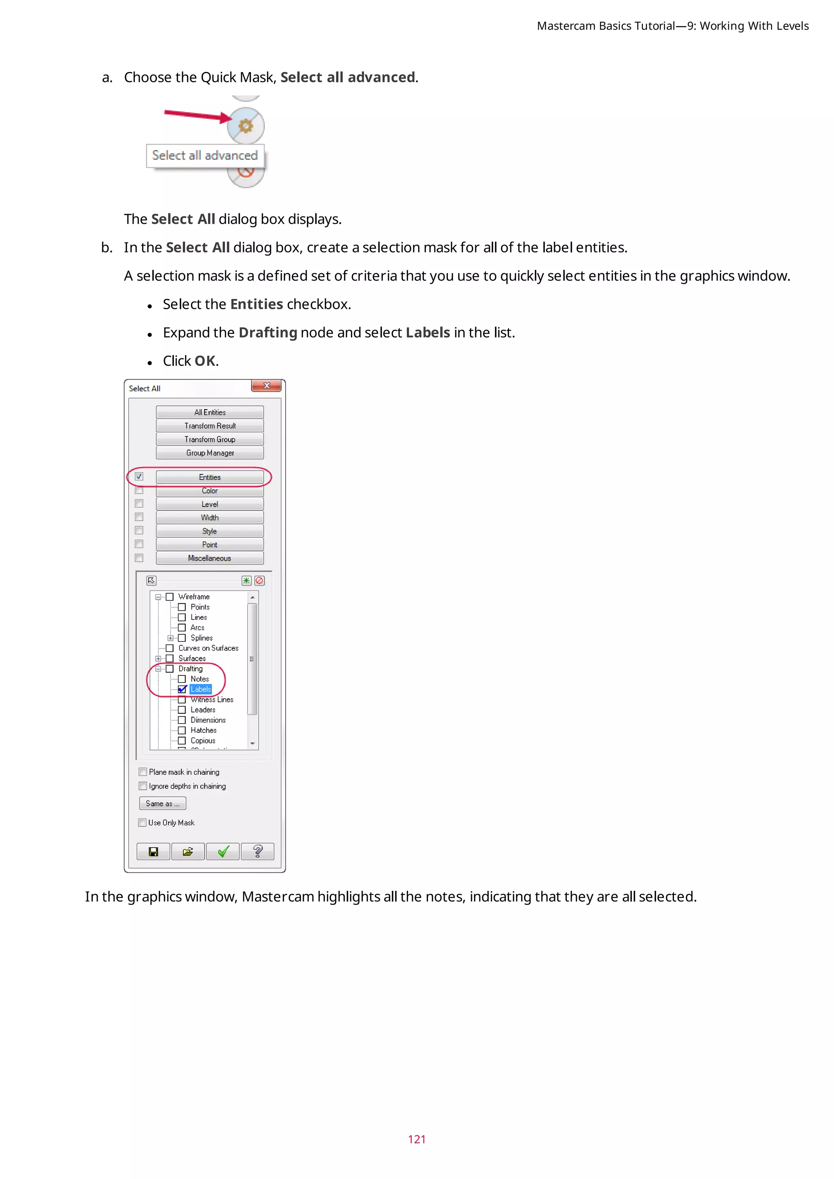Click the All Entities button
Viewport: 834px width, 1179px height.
tap(210, 412)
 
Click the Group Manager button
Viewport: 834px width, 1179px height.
tap(210, 453)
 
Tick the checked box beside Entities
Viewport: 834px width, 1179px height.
tap(138, 477)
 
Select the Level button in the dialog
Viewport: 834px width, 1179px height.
tap(210, 504)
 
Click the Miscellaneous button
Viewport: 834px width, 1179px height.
tap(210, 558)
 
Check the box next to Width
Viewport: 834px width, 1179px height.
tap(138, 517)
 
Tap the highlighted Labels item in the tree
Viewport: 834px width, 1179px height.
tap(201, 689)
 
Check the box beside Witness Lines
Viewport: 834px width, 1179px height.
tap(182, 699)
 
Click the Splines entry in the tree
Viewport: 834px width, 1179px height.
tap(201, 638)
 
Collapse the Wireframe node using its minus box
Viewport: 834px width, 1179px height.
tap(158, 597)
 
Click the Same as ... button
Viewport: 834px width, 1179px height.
tap(162, 804)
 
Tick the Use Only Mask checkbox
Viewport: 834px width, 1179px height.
tap(142, 823)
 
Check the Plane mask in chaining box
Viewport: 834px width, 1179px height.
tap(143, 772)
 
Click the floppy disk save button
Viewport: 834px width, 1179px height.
tap(153, 852)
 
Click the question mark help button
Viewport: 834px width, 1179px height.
tap(258, 852)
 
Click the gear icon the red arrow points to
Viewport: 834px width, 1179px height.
tap(246, 125)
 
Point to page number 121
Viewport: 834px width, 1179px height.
tap(417, 1139)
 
